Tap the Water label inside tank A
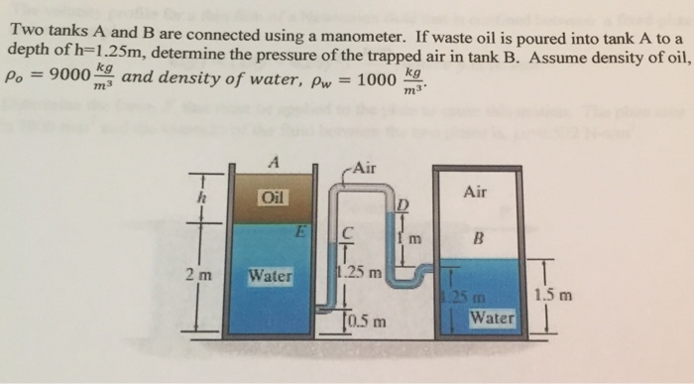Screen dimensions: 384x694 pos(270,275)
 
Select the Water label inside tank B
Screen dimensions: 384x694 pos(493,319)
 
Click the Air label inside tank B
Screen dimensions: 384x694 pos(475,192)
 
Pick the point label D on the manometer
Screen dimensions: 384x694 pos(402,205)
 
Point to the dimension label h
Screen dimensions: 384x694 pos(201,196)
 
